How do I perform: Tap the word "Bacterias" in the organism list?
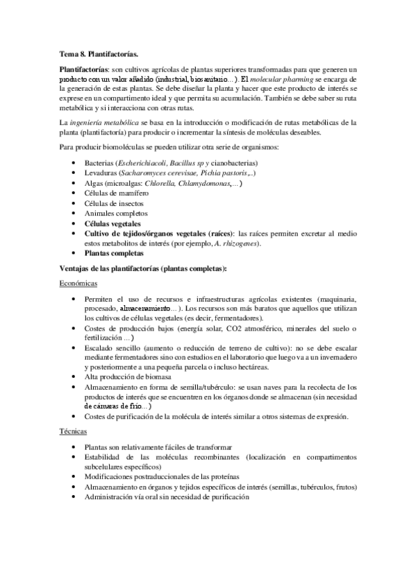100,162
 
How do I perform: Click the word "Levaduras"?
101,172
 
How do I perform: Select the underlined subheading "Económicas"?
78,284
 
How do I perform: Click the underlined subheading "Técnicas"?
73,431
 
